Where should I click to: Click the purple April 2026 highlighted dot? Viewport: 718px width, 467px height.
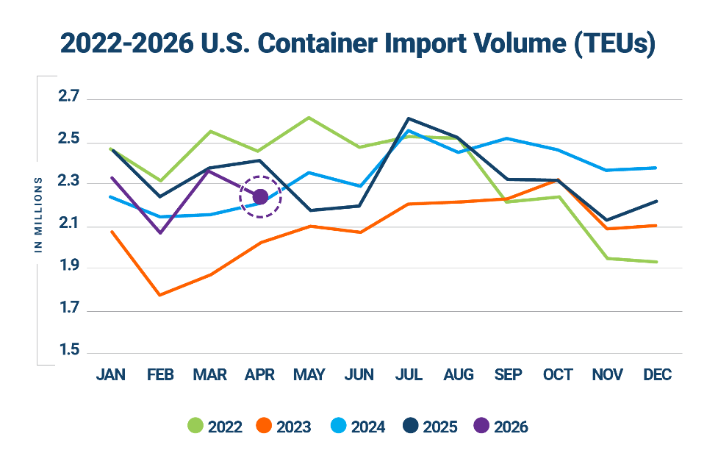click(x=260, y=197)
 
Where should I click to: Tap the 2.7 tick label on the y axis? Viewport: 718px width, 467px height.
click(x=68, y=96)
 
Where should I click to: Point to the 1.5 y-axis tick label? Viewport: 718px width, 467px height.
click(x=69, y=350)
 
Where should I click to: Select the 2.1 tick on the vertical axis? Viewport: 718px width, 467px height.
click(x=68, y=224)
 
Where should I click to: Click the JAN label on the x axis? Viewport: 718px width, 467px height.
click(x=111, y=374)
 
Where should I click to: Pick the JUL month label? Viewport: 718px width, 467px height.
click(x=409, y=374)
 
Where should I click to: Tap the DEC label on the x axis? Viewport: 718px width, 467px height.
click(x=657, y=374)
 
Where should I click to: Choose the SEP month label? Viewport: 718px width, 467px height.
click(x=508, y=374)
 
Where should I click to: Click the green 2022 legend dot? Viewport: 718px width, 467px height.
click(x=195, y=426)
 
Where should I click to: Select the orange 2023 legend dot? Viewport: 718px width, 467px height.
click(x=265, y=426)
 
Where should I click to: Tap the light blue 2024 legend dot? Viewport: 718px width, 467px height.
click(x=338, y=426)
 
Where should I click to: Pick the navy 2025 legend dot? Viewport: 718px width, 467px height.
click(x=411, y=426)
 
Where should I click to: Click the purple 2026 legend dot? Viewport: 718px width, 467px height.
click(x=481, y=426)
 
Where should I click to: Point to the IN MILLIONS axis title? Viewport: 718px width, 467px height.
click(x=38, y=215)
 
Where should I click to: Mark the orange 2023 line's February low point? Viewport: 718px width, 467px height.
click(x=159, y=295)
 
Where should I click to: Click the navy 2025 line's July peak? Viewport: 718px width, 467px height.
click(x=409, y=118)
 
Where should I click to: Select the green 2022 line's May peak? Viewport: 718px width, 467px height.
click(x=309, y=118)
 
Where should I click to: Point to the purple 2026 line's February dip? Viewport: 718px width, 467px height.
click(x=161, y=233)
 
